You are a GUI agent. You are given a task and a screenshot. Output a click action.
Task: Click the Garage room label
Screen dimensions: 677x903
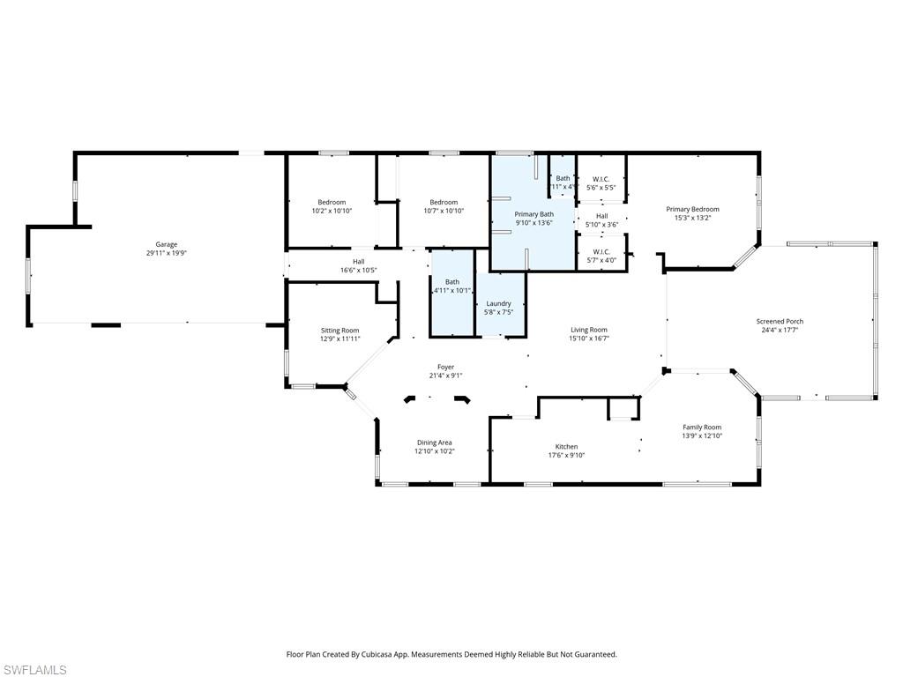click(167, 244)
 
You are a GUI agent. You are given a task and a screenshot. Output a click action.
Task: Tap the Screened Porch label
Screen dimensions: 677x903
click(780, 322)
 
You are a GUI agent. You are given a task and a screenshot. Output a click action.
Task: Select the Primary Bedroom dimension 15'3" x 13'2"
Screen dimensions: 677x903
click(692, 218)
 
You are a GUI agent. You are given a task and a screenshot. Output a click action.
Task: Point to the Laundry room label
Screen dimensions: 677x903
click(499, 303)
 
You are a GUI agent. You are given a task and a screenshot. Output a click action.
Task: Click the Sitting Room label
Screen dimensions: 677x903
click(340, 330)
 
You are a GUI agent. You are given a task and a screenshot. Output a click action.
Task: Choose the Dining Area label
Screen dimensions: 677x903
click(434, 443)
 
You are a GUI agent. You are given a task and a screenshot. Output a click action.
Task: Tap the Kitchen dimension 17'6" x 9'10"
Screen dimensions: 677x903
click(565, 455)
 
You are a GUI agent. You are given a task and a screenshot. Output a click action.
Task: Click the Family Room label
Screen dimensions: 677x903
click(701, 428)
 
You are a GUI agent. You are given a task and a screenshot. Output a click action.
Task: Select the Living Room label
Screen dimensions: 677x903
click(588, 330)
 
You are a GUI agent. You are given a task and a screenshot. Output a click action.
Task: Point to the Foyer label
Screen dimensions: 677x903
click(445, 367)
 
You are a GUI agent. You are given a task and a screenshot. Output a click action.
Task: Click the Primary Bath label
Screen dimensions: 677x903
click(534, 214)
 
